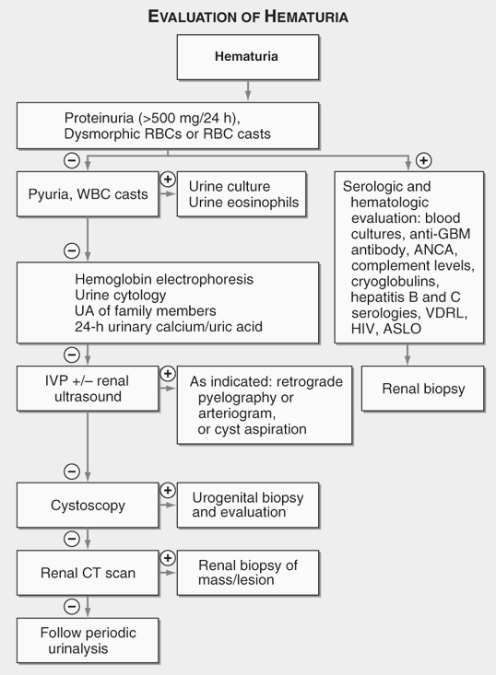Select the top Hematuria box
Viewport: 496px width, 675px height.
pos(247,56)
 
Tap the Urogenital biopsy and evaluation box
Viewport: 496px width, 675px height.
pos(253,505)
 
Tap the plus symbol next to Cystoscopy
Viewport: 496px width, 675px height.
pos(168,491)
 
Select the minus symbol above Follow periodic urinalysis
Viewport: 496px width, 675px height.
pos(71,605)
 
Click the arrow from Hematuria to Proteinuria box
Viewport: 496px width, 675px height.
pos(247,88)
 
